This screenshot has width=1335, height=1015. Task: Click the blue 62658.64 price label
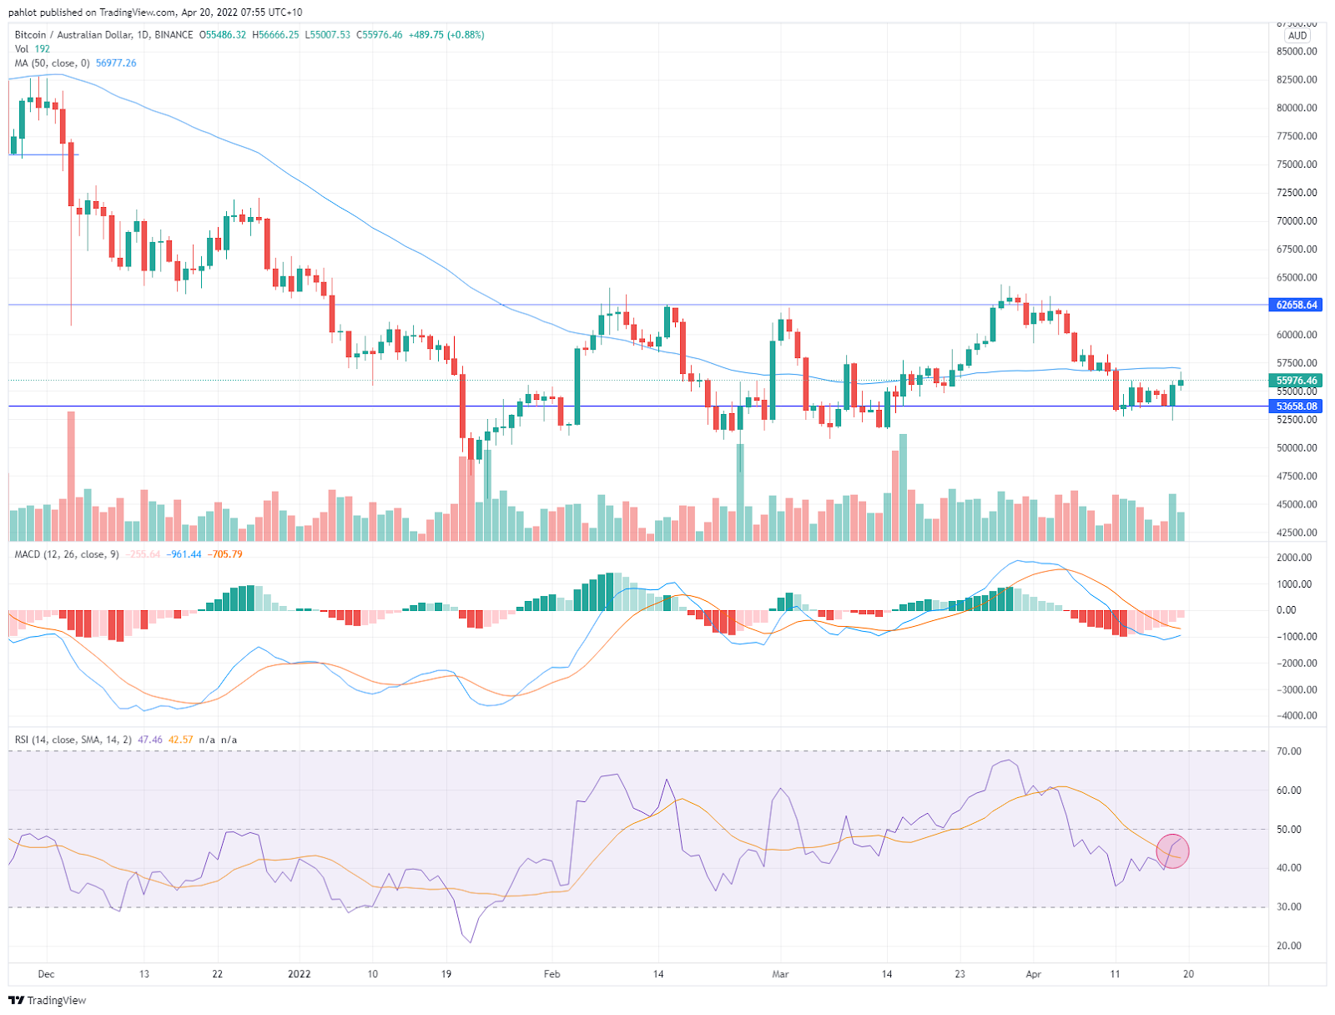point(1297,305)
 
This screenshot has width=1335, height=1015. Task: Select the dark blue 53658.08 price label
point(1297,407)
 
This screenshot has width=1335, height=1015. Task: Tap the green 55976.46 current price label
point(1297,381)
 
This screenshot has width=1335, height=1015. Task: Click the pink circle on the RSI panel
point(1172,851)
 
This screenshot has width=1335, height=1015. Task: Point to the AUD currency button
point(1297,36)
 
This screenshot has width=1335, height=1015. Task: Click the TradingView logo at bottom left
point(48,1000)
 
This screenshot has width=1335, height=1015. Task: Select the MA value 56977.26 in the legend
point(116,63)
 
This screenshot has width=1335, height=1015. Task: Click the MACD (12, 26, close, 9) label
point(67,554)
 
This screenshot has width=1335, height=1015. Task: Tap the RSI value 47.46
point(150,740)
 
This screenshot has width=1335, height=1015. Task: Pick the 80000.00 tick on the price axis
point(1297,108)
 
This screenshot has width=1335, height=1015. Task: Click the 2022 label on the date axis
point(299,974)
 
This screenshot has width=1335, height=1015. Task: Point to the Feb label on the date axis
point(552,974)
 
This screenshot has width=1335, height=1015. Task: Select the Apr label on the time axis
point(1033,974)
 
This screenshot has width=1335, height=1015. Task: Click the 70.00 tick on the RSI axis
point(1289,751)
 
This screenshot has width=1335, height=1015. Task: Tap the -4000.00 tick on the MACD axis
point(1293,716)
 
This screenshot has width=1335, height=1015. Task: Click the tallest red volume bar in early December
point(71,476)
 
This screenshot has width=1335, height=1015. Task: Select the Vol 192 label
point(33,49)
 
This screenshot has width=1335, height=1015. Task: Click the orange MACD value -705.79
point(225,554)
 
